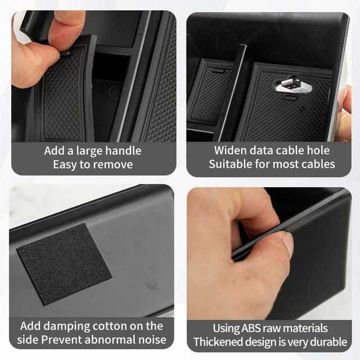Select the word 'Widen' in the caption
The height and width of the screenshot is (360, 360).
point(229,151)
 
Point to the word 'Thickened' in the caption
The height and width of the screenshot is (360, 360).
point(217,341)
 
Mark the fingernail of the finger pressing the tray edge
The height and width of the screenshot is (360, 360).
point(288,244)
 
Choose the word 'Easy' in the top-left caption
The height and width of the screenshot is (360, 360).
point(65,164)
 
